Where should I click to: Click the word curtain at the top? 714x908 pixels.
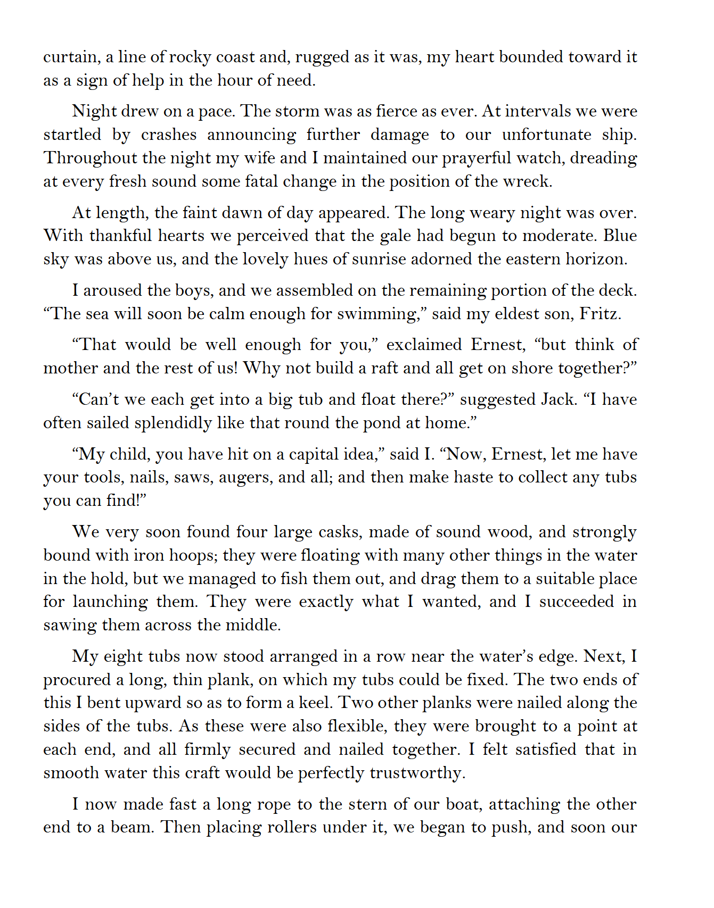70,57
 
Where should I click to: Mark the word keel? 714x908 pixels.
314,703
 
